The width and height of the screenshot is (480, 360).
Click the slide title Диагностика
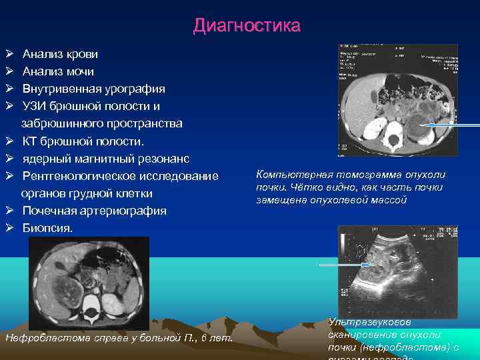pos(247,26)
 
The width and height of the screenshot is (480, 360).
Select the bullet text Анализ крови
pos(60,54)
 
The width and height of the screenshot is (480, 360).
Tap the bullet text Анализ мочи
pos(58,71)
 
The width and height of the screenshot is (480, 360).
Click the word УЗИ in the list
pos(35,106)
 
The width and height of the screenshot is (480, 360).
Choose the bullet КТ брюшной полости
pos(83,141)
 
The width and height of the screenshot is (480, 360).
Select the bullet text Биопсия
pos(48,228)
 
